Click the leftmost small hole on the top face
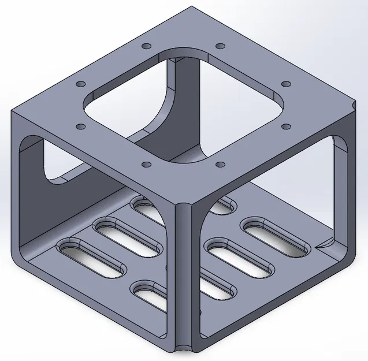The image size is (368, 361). click(79, 84)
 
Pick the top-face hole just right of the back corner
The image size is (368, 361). click(219, 46)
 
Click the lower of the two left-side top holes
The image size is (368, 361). click(81, 126)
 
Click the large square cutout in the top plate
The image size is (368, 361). click(184, 104)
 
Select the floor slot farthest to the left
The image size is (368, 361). click(91, 258)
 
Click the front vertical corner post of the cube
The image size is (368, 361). click(184, 271)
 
